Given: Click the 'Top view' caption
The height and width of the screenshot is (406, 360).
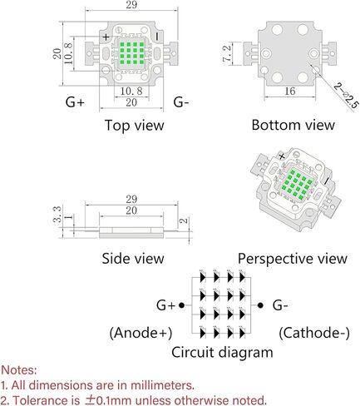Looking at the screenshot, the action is click(x=135, y=125).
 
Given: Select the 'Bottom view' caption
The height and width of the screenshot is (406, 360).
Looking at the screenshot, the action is click(x=293, y=125).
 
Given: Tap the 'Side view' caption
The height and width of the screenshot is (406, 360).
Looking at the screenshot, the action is click(x=133, y=258).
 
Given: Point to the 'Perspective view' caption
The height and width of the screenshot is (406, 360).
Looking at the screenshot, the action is click(x=293, y=259).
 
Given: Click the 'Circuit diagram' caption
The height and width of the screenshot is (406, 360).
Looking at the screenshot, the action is click(x=222, y=353).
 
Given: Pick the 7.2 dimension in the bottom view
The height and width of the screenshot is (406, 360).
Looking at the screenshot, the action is click(x=226, y=53).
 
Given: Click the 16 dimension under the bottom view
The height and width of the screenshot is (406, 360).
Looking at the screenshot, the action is click(x=290, y=91).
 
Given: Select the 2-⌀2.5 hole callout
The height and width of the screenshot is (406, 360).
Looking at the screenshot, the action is click(x=346, y=95).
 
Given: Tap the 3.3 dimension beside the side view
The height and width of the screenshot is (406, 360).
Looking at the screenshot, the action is click(x=57, y=214).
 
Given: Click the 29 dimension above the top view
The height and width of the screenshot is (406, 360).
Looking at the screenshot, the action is click(x=131, y=5).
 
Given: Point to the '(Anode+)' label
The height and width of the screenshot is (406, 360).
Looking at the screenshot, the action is click(x=141, y=333).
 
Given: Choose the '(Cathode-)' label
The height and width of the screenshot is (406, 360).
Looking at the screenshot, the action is click(x=314, y=333).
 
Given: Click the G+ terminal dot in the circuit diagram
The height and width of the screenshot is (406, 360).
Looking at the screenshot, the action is click(x=181, y=305).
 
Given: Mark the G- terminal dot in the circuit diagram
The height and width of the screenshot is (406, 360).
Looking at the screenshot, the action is click(x=260, y=305).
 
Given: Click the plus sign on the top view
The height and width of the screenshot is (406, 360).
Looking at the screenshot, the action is click(x=106, y=37).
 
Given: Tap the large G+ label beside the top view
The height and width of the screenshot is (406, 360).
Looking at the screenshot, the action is click(x=75, y=102).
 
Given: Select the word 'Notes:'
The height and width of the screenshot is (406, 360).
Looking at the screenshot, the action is click(x=19, y=370).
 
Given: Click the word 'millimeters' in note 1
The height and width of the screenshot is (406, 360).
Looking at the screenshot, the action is click(x=162, y=385).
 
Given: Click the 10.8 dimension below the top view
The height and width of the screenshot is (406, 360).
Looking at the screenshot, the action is click(x=131, y=91).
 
